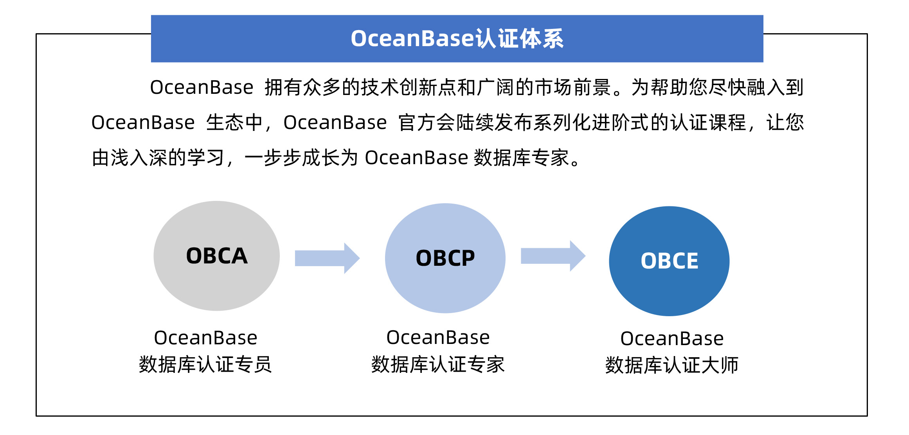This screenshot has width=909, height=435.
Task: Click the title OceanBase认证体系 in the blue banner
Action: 457,39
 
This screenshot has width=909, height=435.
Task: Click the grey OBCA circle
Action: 216,256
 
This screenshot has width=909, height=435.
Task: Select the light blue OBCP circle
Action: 445,258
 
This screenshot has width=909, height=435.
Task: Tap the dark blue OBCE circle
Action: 669,261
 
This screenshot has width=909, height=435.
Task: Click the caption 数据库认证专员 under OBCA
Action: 205,364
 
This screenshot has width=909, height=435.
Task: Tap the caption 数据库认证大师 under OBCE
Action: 671,365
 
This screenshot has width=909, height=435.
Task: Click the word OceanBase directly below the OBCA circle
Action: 205,338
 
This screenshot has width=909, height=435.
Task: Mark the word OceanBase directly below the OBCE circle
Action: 671,338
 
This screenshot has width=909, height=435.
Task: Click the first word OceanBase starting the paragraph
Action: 202,87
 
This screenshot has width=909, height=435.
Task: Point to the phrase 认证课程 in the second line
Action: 707,123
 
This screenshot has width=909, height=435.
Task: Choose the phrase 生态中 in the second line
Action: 234,123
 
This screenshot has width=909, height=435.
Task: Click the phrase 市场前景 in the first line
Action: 573,87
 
